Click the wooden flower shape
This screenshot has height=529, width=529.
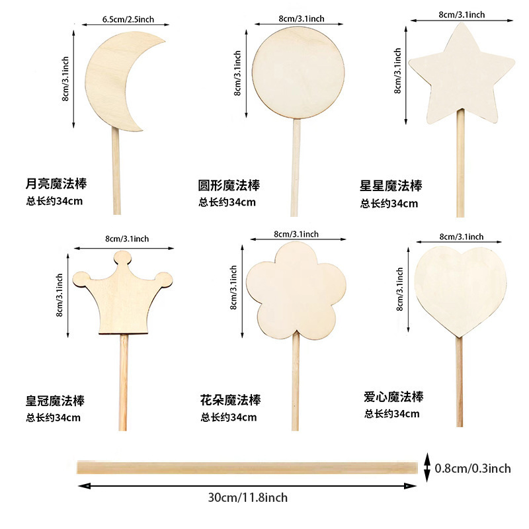point(296,291)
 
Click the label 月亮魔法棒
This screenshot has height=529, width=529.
point(56,183)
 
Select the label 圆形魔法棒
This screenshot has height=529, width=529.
point(229,185)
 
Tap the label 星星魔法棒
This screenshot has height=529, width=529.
point(391,186)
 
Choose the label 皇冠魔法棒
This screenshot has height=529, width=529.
point(56,401)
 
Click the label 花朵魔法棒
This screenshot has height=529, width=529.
point(231,400)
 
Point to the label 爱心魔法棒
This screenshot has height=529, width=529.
point(393,397)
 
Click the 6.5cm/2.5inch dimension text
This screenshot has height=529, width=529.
point(128,20)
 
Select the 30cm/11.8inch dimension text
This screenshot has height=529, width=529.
point(248,497)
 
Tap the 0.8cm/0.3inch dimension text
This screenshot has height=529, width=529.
point(473,468)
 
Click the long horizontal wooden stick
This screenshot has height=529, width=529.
point(247,468)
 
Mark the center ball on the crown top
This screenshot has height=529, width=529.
point(122,258)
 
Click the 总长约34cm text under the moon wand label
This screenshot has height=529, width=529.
point(55,201)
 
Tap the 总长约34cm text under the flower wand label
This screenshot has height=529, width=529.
point(229,417)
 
